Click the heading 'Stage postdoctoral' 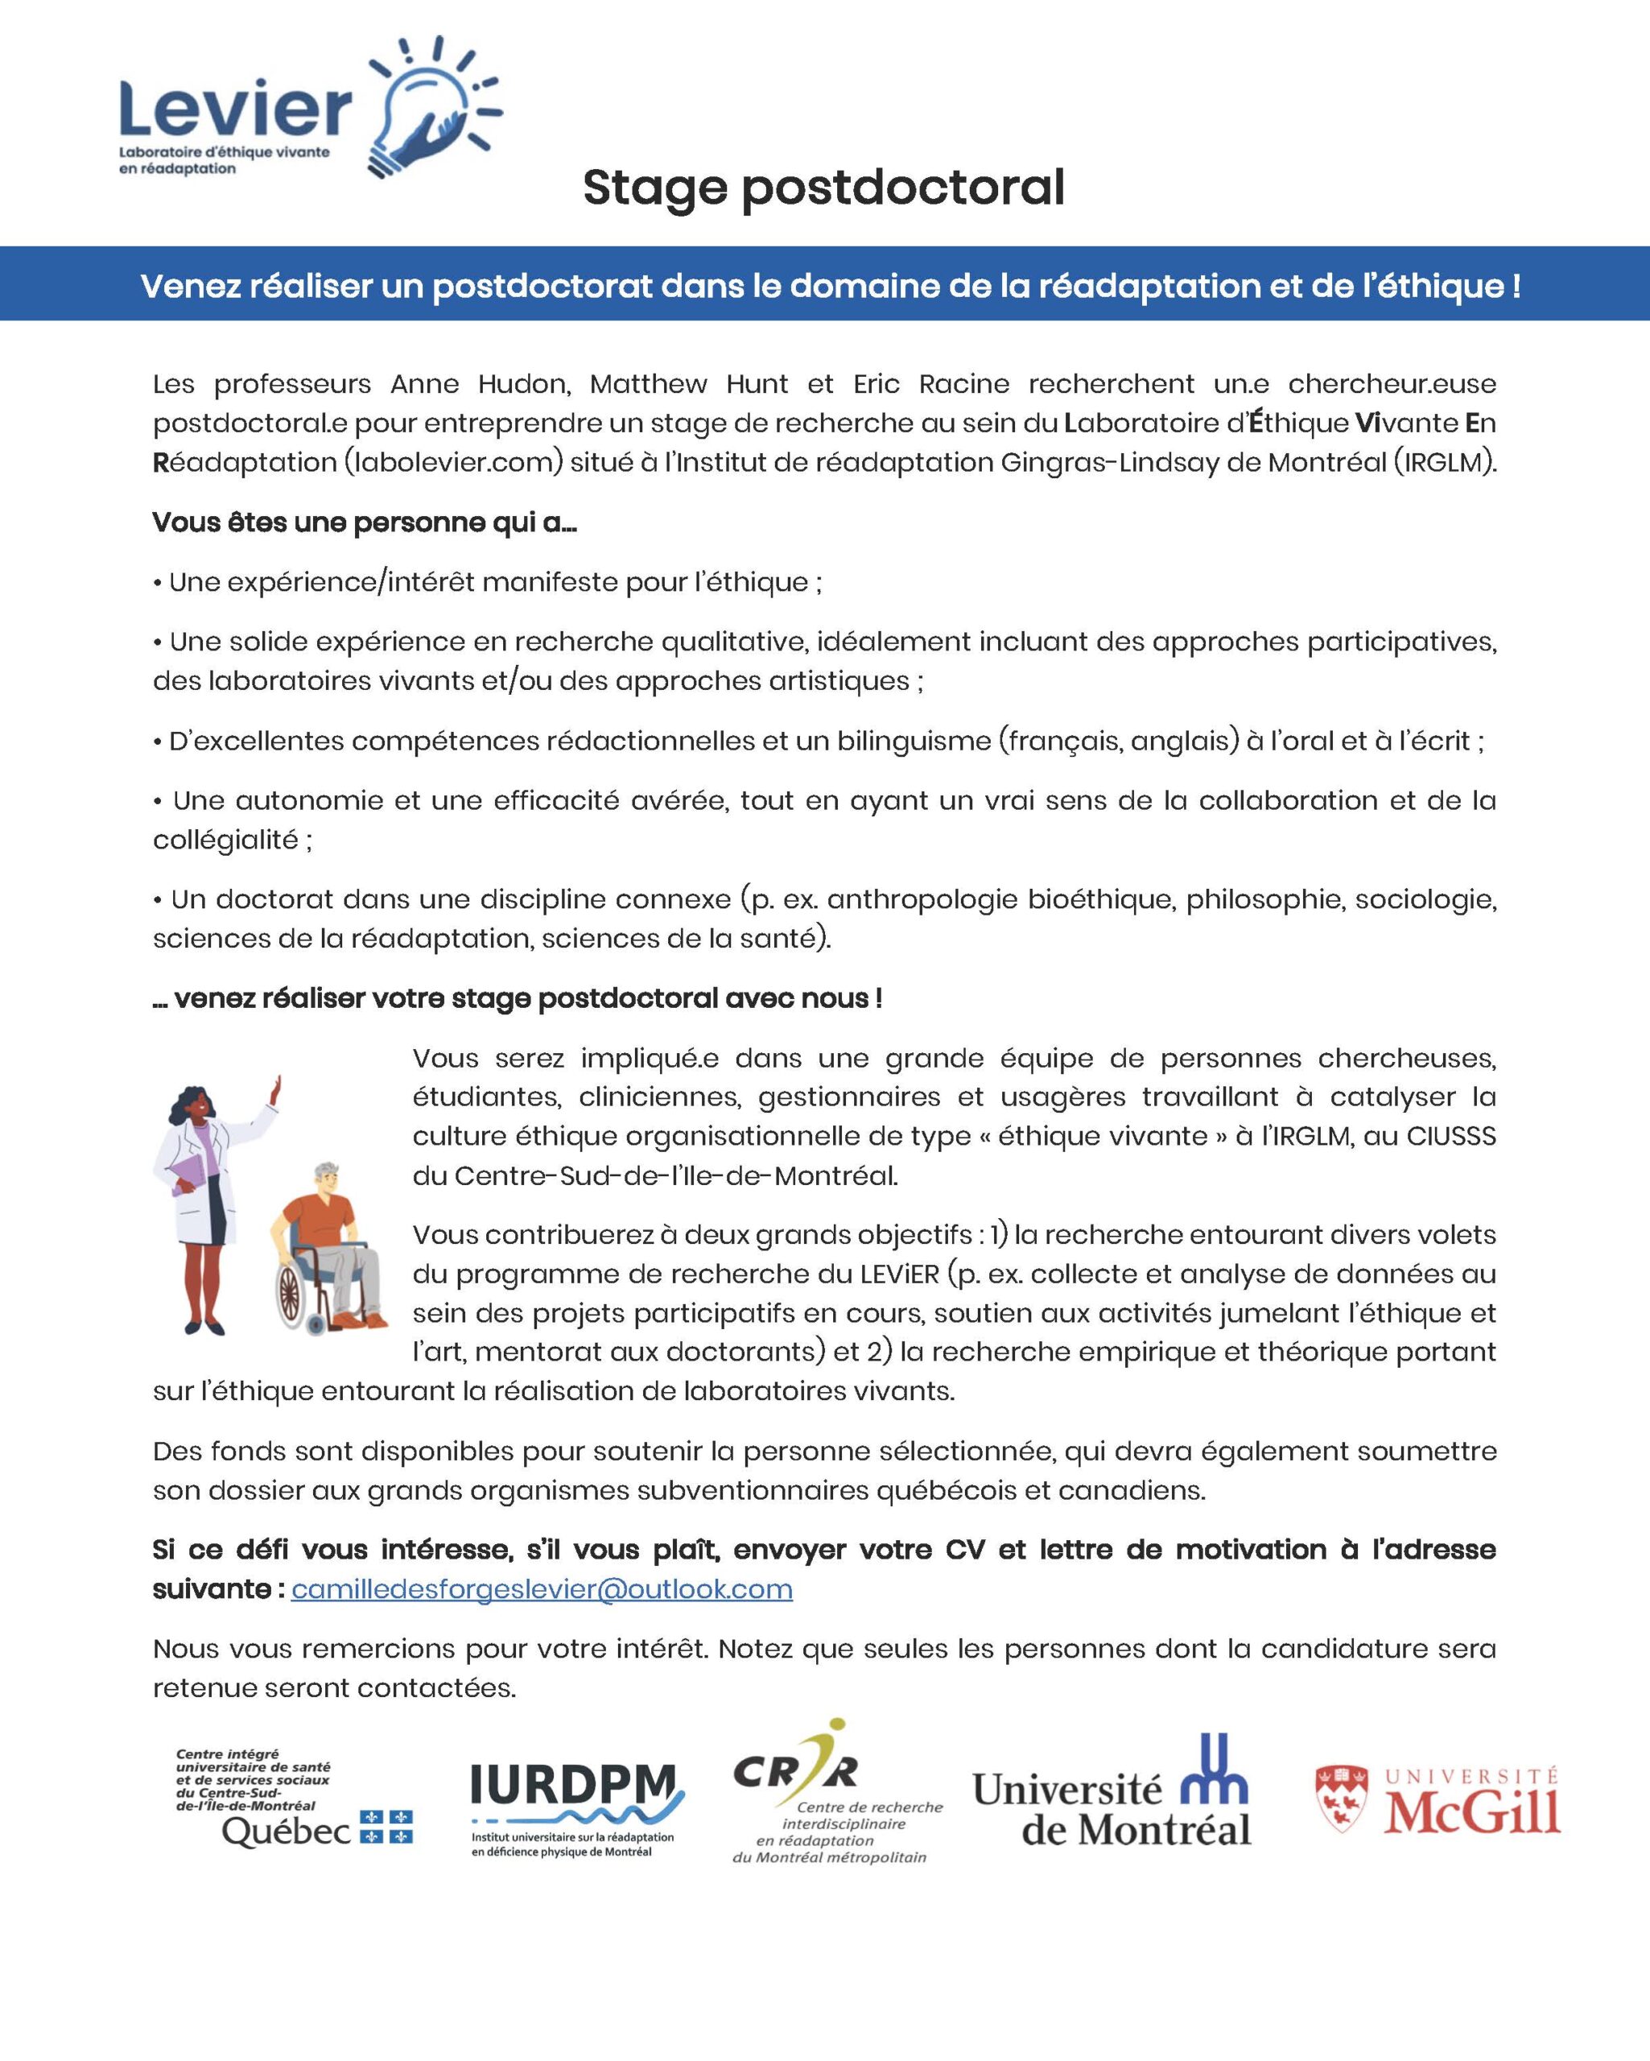pos(823,188)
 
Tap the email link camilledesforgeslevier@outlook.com pos(541,1588)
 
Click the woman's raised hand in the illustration pos(276,1088)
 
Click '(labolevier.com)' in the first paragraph pos(452,463)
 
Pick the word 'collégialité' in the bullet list pos(225,841)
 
